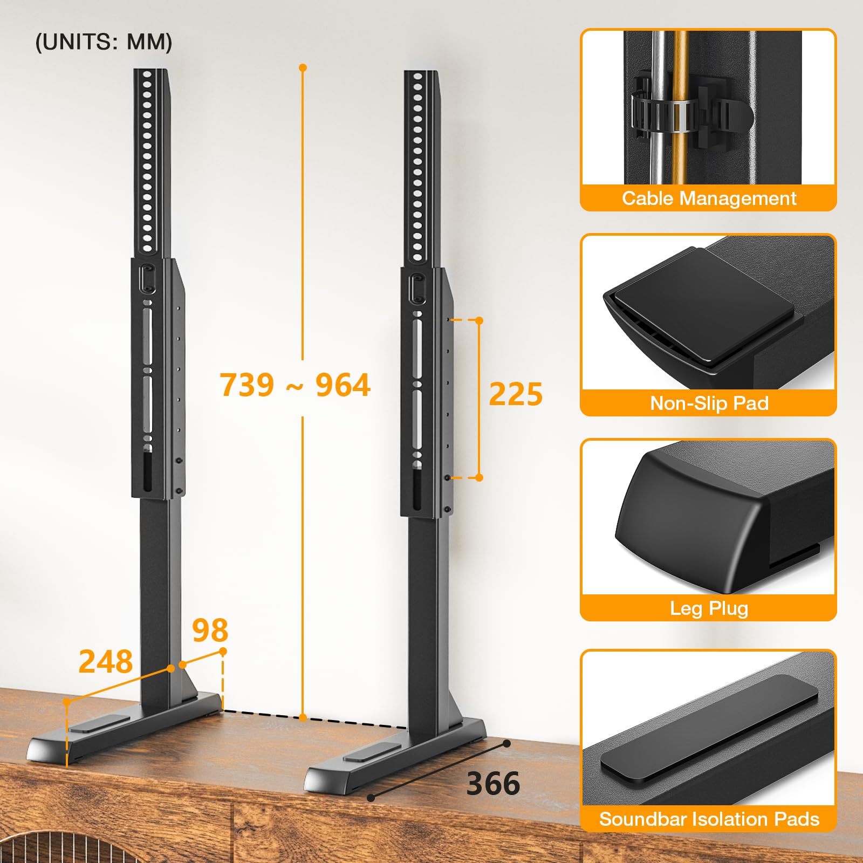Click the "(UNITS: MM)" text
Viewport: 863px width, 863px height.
coord(104,42)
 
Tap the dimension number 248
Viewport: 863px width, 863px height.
coord(106,661)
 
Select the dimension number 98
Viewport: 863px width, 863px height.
coord(210,630)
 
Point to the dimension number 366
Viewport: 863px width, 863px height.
coord(493,784)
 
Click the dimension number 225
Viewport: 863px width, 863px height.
coord(516,394)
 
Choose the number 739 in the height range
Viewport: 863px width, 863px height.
coord(247,385)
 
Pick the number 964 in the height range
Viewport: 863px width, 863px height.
coord(343,385)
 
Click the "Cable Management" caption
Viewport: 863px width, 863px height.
coord(709,198)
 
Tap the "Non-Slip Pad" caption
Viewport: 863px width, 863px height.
coord(709,403)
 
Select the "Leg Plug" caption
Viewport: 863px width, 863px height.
coord(709,608)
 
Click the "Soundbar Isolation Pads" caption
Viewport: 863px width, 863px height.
coord(709,819)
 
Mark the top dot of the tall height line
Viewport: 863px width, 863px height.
coord(303,67)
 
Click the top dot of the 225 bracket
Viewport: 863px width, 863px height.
coord(479,320)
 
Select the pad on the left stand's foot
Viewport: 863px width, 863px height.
coord(100,723)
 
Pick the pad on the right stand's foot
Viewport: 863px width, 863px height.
coord(372,752)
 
